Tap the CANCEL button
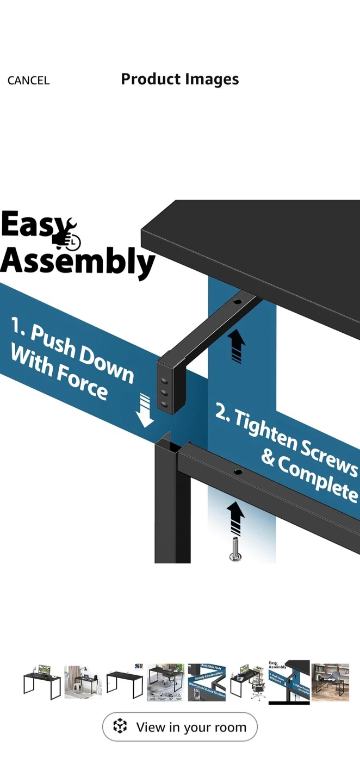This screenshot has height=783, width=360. (28, 80)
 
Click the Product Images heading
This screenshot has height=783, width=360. (179, 79)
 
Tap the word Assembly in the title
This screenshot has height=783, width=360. (77, 262)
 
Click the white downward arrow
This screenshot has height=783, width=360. (145, 411)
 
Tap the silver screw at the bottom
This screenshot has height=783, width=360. (235, 549)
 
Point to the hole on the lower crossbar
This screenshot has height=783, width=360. (238, 471)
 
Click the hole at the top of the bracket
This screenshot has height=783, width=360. (237, 301)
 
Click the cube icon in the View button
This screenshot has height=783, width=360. (120, 726)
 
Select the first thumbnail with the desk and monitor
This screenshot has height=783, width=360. (42, 682)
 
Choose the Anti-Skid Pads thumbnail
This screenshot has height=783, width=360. (207, 682)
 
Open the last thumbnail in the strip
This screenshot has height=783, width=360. (330, 682)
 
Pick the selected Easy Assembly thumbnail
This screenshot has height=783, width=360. (289, 682)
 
